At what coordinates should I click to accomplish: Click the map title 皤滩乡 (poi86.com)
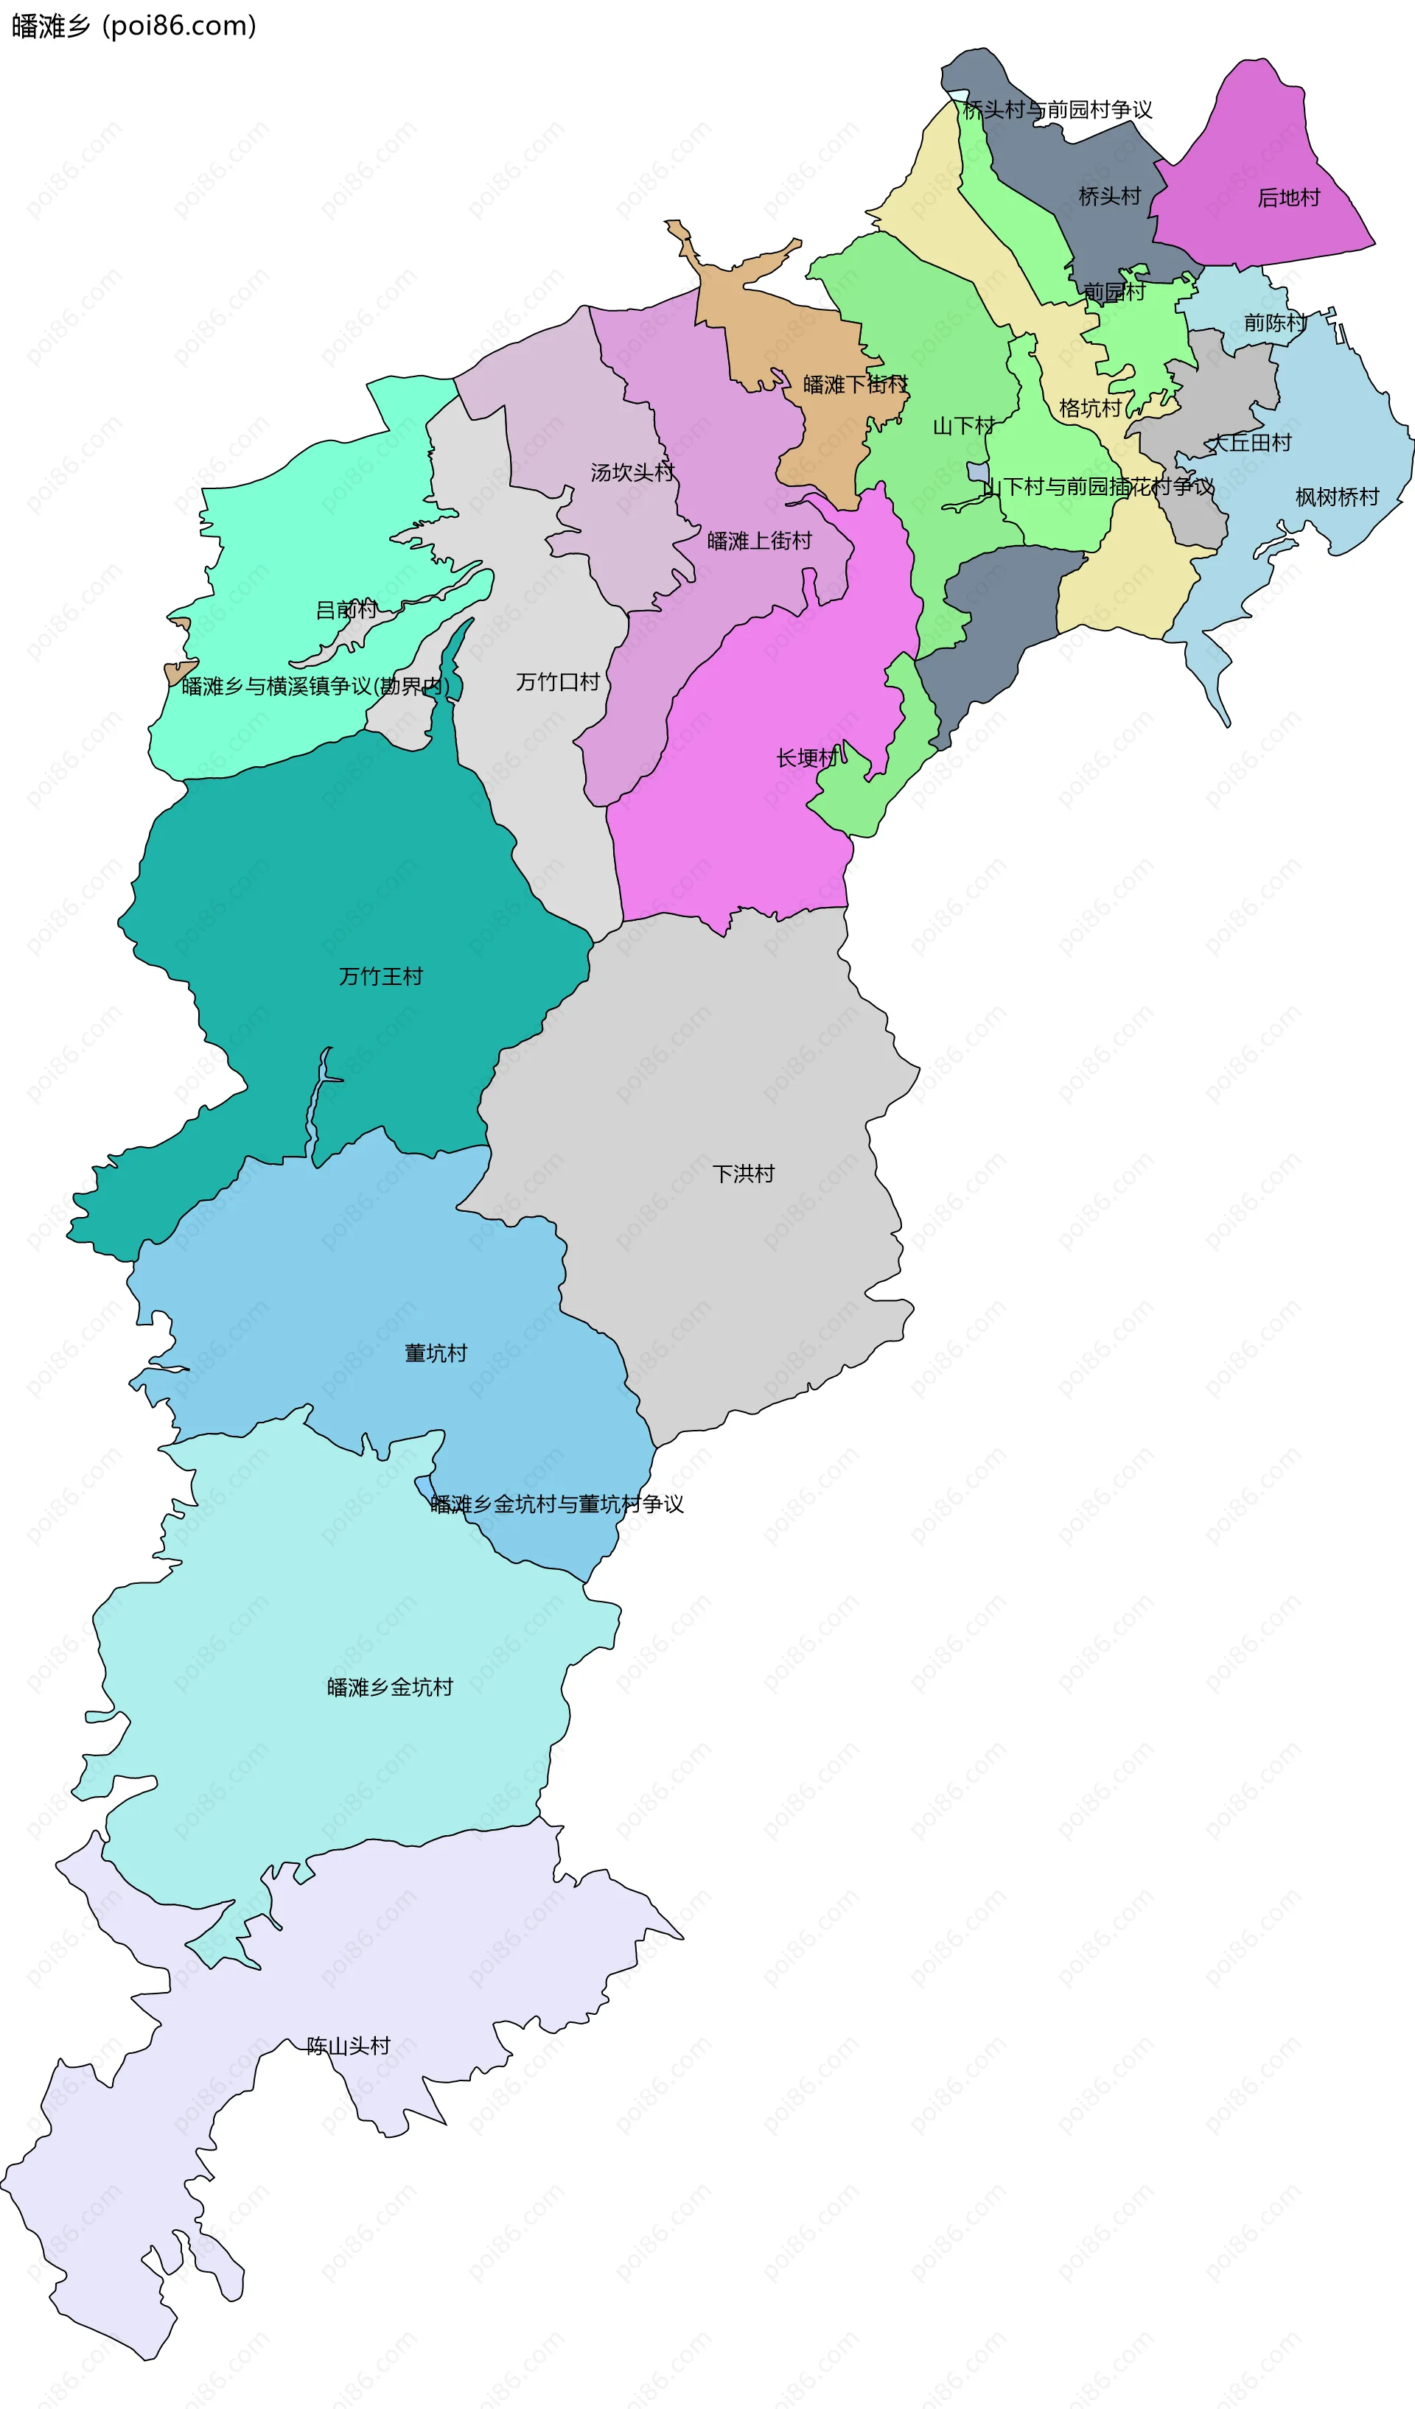[x=134, y=26]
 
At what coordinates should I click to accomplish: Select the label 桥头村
[x=1109, y=197]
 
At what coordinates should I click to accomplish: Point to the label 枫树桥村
[x=1337, y=497]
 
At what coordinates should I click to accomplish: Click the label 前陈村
[x=1274, y=323]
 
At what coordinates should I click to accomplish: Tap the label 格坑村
[x=1090, y=409]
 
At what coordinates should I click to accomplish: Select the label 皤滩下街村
[x=855, y=385]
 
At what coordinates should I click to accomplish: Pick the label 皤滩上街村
[x=759, y=541]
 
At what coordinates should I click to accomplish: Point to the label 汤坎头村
[x=632, y=472]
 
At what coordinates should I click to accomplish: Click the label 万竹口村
[x=557, y=681]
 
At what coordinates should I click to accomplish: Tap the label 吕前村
[x=346, y=610]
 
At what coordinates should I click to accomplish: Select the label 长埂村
[x=807, y=758]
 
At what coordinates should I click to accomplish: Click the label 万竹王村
[x=380, y=976]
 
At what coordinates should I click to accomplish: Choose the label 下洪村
[x=743, y=1174]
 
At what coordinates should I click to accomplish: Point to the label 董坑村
[x=436, y=1353]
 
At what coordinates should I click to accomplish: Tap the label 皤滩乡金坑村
[x=390, y=1687]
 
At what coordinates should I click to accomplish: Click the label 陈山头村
[x=348, y=2046]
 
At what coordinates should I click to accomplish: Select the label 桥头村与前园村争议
[x=1058, y=110]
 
